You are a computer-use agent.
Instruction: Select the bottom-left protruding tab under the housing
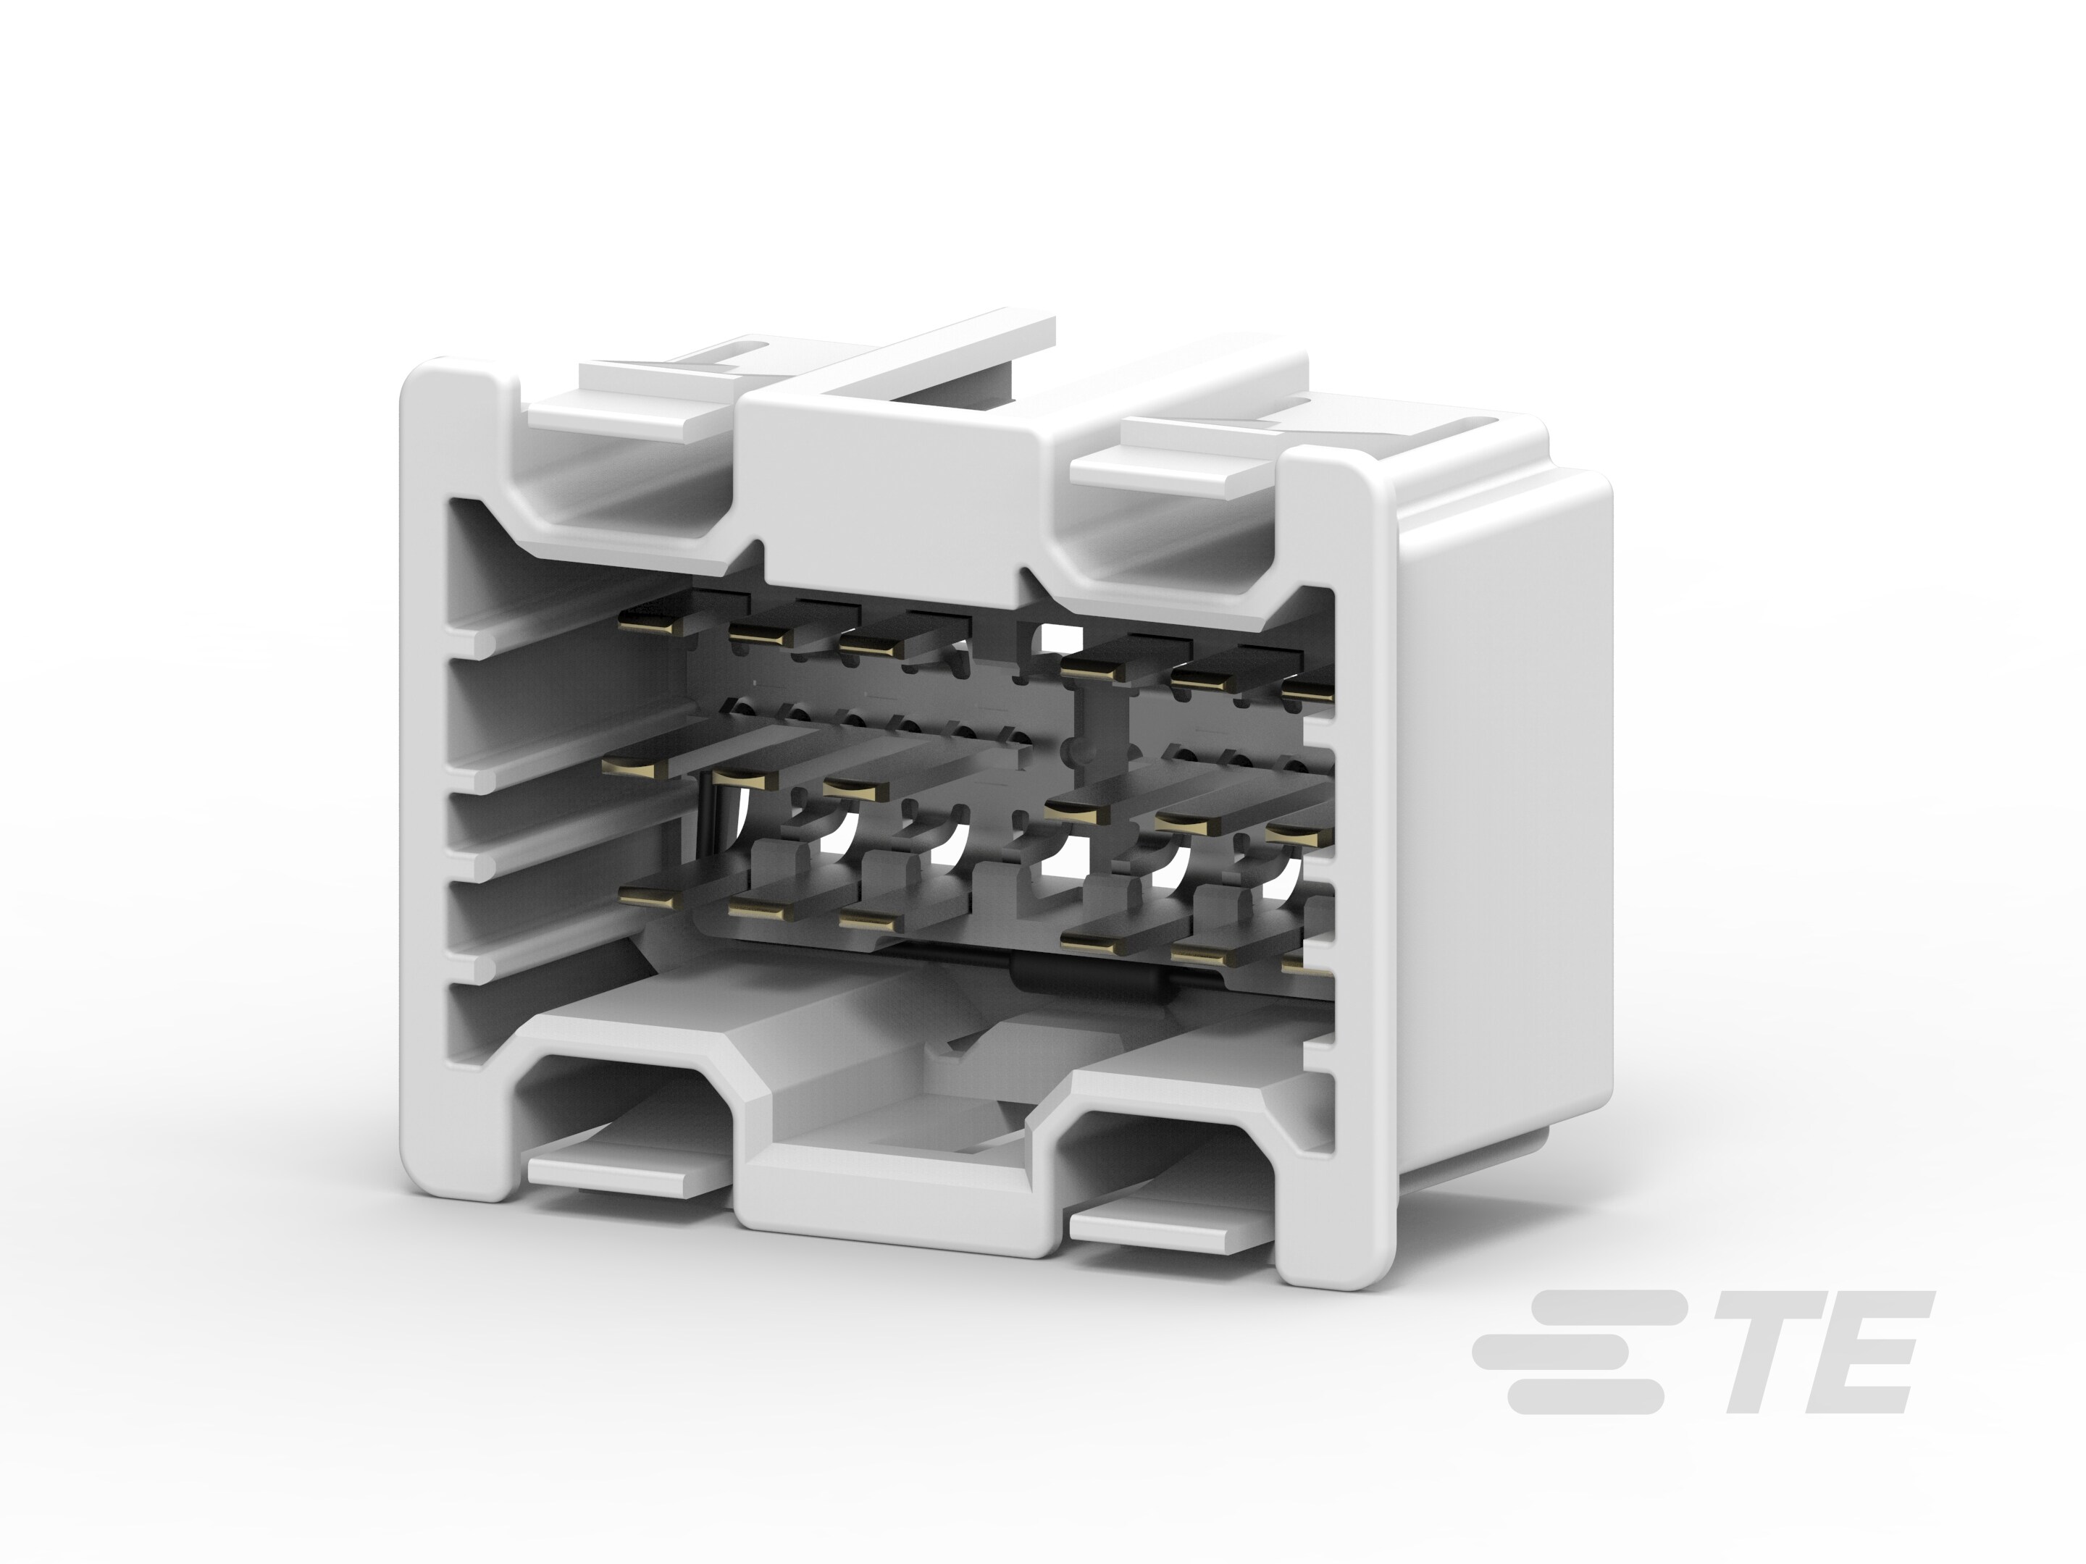tap(627, 1172)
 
